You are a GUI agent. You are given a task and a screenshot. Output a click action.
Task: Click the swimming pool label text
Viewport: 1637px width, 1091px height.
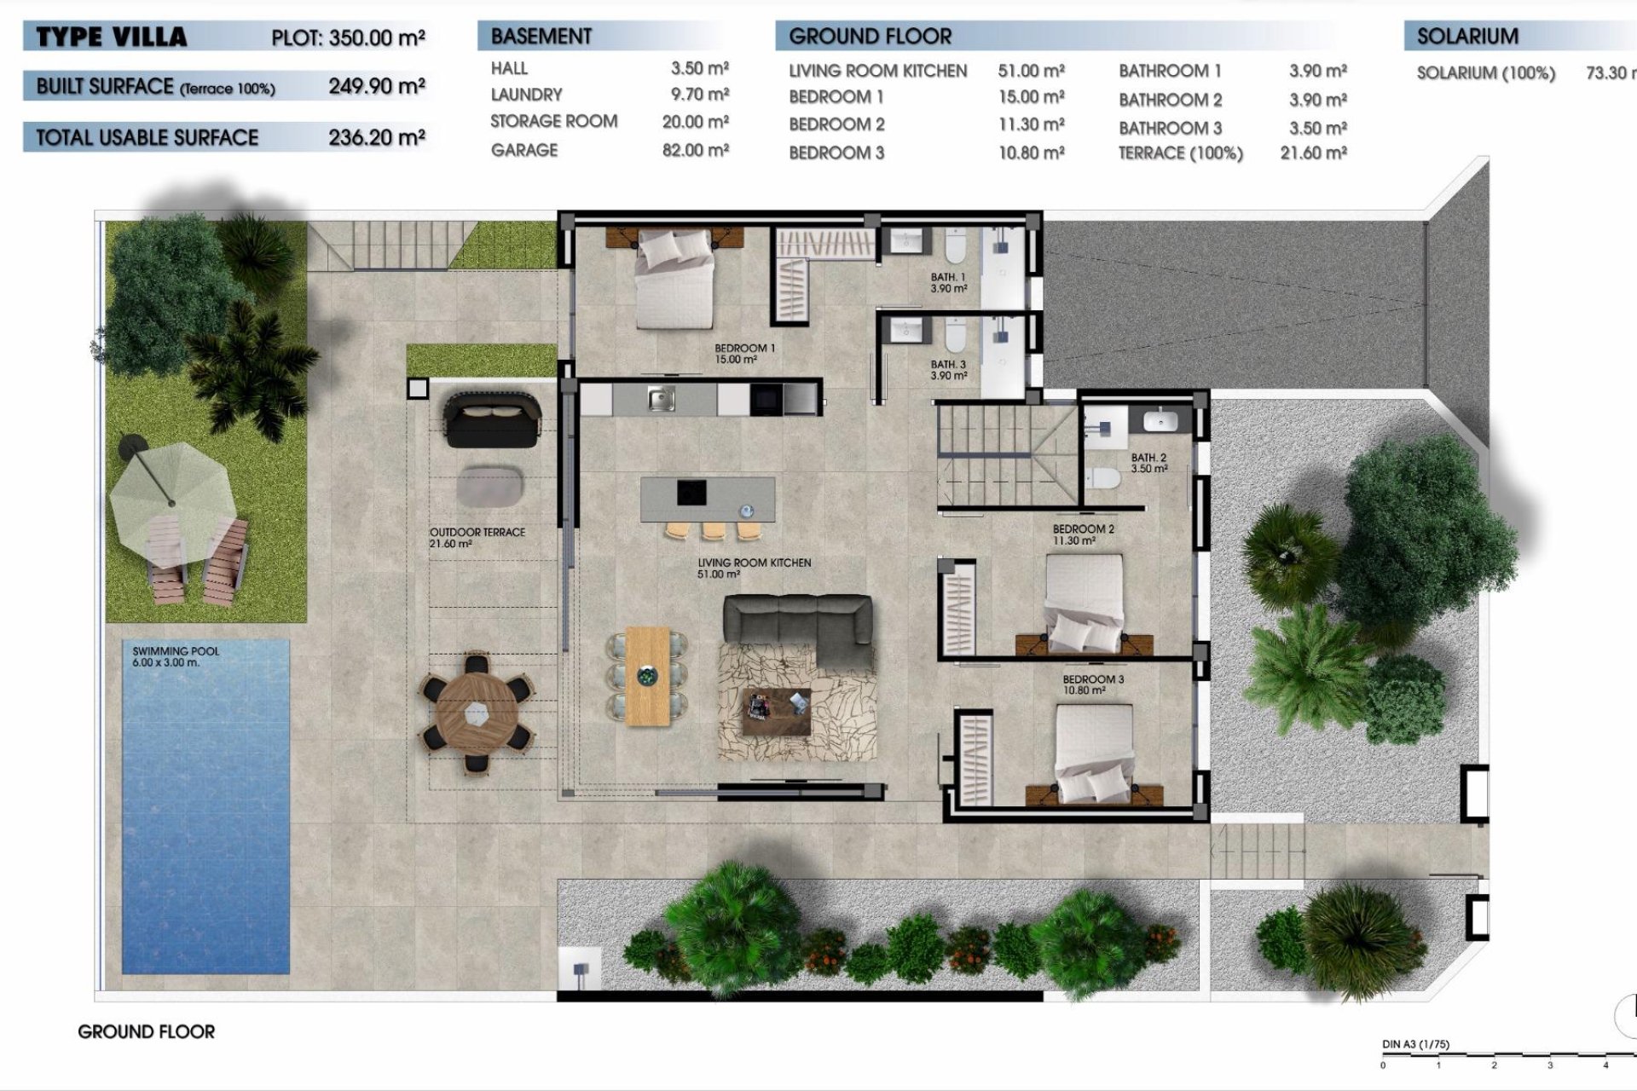point(176,656)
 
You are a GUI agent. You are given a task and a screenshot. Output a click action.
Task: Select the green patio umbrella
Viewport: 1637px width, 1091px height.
point(171,494)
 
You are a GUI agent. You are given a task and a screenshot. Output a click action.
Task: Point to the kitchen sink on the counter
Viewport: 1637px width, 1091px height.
point(661,399)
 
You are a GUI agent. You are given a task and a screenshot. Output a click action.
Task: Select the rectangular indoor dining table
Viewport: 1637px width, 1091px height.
point(648,677)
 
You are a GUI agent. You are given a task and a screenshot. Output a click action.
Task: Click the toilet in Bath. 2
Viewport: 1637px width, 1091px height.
point(1105,479)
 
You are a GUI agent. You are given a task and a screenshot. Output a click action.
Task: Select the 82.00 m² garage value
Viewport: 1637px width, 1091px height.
point(695,150)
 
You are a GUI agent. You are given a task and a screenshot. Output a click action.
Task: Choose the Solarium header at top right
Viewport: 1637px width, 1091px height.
point(1467,37)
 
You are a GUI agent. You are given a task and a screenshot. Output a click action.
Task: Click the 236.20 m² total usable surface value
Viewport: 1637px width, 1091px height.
point(377,137)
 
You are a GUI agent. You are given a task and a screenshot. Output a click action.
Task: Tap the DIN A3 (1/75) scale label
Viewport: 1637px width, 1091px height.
point(1415,1044)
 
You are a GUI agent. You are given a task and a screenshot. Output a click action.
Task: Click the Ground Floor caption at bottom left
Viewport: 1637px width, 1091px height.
point(146,1031)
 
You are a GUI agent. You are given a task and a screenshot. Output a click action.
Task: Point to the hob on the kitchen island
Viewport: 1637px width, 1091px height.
point(691,493)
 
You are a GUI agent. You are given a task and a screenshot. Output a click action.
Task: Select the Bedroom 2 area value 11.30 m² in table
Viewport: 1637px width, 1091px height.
point(1031,124)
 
